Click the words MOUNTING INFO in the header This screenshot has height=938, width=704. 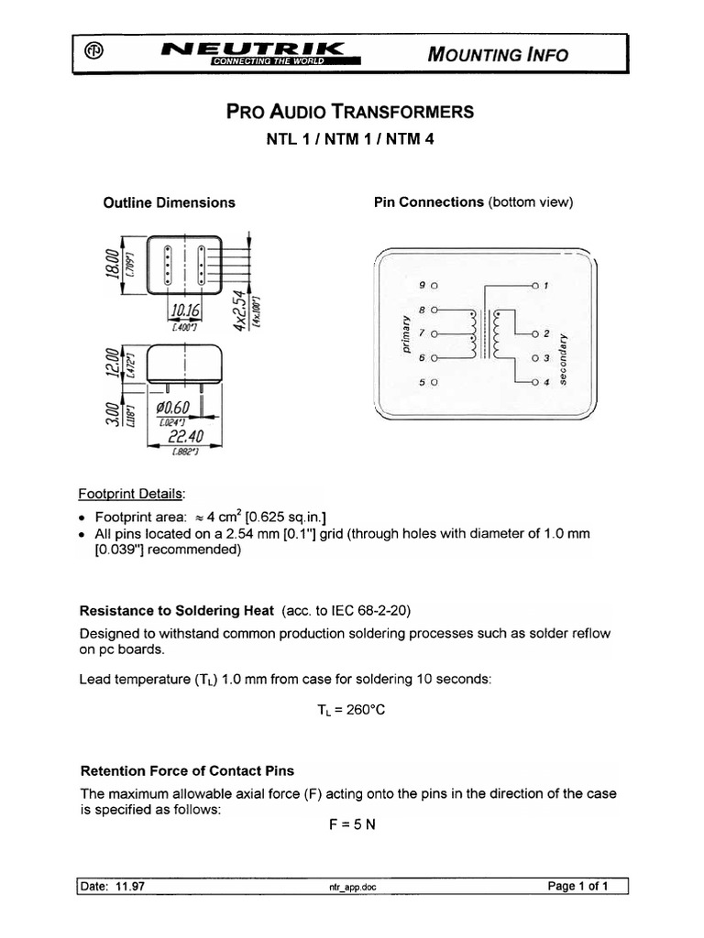[498, 54]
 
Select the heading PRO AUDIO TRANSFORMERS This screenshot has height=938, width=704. [350, 112]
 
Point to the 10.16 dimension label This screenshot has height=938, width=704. [186, 311]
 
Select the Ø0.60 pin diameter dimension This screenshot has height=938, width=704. [172, 408]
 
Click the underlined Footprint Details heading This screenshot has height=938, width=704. [144, 495]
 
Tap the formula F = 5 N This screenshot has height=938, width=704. [352, 823]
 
